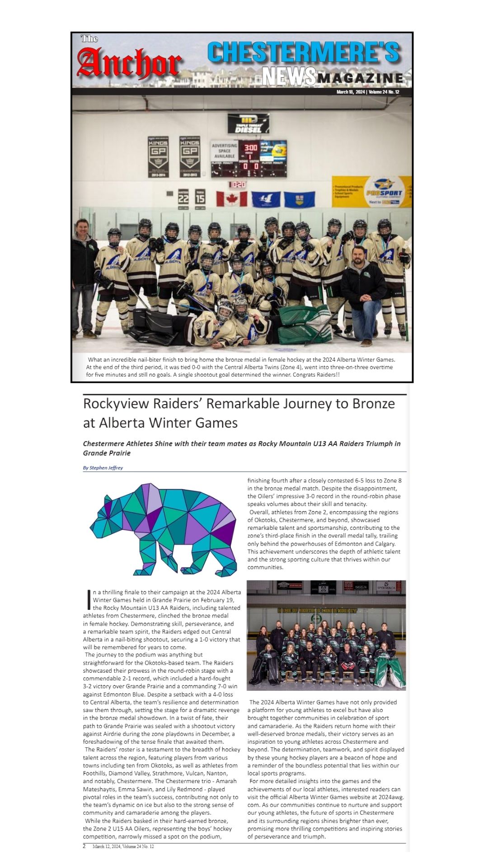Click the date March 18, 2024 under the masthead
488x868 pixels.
click(x=351, y=92)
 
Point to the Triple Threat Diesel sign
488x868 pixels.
click(x=248, y=124)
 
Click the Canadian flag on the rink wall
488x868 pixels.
click(x=231, y=198)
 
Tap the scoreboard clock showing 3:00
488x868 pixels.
click(x=250, y=148)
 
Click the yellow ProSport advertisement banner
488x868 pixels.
click(x=371, y=191)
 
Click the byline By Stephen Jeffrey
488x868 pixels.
click(x=103, y=467)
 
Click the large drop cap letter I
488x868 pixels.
click(x=88, y=599)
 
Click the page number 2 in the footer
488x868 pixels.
click(x=84, y=846)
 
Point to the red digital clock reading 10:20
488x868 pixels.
click(x=237, y=184)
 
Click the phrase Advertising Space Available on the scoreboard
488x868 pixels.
click(x=225, y=151)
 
